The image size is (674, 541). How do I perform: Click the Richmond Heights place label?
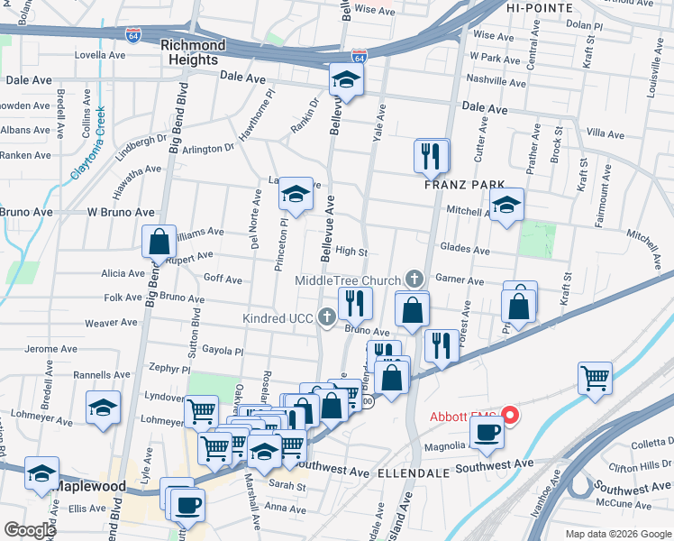[192, 52]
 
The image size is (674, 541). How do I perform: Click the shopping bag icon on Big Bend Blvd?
[159, 241]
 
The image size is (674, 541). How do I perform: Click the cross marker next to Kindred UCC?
[326, 316]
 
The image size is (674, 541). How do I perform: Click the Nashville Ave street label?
[496, 80]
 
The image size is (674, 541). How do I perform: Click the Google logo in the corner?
[30, 530]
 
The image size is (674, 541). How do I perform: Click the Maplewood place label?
[90, 486]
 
